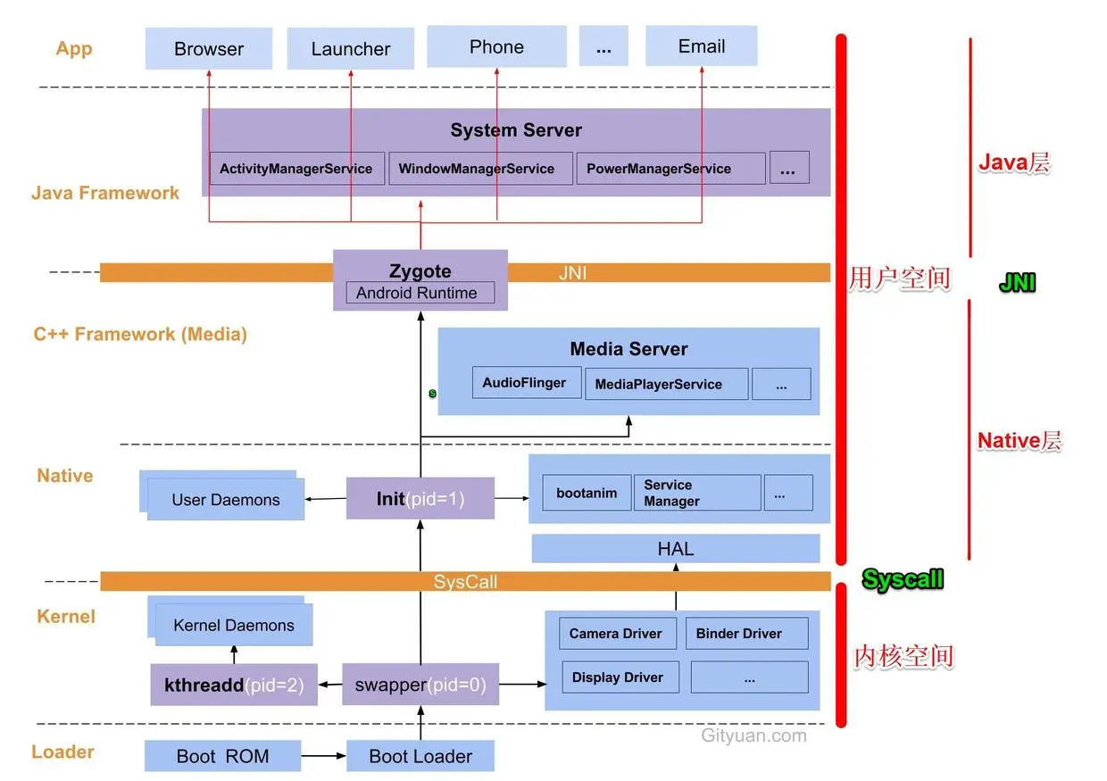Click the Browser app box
coord(209,48)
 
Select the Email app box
coord(702,46)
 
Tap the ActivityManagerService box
coord(297,169)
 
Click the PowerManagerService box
coord(670,169)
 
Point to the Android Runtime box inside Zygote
coord(420,293)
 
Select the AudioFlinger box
coord(527,382)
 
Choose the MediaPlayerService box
coord(666,384)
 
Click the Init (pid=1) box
coord(420,498)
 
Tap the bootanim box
coord(587,493)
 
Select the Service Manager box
coord(697,493)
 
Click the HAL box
coord(676,548)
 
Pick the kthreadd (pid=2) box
coord(234,685)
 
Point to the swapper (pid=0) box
coord(420,685)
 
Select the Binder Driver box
coord(746,634)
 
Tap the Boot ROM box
coord(222,756)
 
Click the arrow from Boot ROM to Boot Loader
coord(324,756)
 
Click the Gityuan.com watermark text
coord(753,735)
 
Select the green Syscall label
coord(903,579)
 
